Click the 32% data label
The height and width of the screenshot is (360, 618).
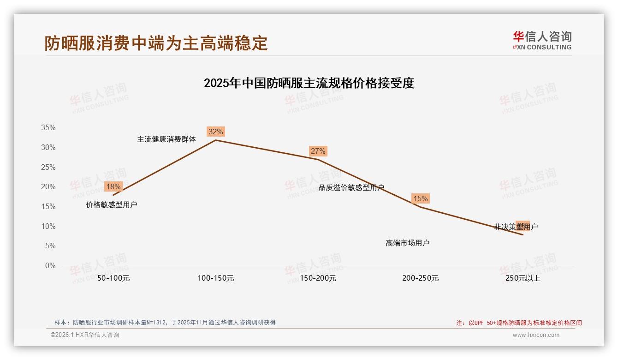(215, 132)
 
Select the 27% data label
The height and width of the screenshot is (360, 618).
(318, 151)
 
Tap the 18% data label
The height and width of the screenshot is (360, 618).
(113, 186)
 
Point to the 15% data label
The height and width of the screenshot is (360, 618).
(420, 198)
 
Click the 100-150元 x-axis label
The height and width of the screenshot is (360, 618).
(216, 278)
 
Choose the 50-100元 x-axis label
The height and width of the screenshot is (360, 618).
(113, 278)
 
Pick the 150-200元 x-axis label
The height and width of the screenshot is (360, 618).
(318, 278)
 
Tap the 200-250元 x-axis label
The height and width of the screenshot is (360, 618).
(421, 278)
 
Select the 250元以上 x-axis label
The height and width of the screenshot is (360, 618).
(523, 278)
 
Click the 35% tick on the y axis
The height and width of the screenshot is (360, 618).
(48, 128)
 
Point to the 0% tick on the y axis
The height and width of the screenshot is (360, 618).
(50, 266)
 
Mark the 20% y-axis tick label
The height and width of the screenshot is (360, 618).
(48, 187)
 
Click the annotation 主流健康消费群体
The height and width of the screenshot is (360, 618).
(166, 139)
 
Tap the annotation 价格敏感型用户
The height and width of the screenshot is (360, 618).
(112, 204)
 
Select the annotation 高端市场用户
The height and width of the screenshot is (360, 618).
(408, 243)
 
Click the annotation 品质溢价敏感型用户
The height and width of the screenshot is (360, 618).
(351, 187)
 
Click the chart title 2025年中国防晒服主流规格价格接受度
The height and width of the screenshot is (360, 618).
(309, 83)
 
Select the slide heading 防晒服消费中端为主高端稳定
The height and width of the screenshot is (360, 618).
(156, 43)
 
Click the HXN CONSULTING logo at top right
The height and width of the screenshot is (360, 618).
(542, 41)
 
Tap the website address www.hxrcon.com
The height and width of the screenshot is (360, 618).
(536, 335)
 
